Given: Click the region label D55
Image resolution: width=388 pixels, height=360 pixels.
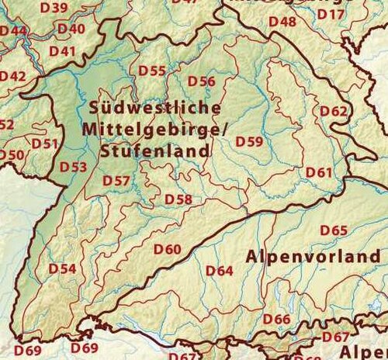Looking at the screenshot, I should click(x=152, y=71).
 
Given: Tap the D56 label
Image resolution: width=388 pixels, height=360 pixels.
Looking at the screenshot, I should click(x=202, y=81).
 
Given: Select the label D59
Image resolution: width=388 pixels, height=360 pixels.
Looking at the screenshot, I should click(x=249, y=141).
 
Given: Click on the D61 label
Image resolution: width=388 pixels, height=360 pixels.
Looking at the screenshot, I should click(x=320, y=171).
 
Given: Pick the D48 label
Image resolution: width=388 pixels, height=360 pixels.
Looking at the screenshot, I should click(x=282, y=22).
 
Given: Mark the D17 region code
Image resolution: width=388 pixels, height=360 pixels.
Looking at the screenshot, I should click(x=331, y=15).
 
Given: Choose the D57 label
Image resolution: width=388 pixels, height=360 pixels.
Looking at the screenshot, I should click(x=116, y=182).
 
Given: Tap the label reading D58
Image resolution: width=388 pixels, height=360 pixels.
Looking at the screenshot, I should click(x=178, y=199).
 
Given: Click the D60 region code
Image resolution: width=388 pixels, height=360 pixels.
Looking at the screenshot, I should click(x=167, y=249).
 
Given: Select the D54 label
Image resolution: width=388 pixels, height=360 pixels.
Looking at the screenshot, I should click(x=62, y=268).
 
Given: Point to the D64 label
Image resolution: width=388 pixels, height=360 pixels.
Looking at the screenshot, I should click(x=220, y=271).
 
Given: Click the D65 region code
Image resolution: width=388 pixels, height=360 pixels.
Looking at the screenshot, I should click(x=334, y=230).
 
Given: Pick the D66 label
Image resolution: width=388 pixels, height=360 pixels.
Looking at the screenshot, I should click(x=276, y=319).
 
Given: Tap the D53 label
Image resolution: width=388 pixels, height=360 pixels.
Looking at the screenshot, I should click(x=74, y=166).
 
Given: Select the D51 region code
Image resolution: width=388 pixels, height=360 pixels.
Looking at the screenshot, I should click(x=45, y=144).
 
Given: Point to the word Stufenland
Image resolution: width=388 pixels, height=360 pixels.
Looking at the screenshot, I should click(x=155, y=151).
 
